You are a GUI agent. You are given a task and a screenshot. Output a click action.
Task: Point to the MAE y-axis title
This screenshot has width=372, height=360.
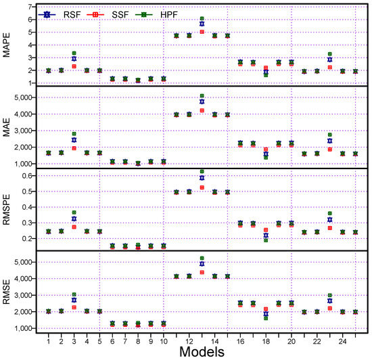coord(7,127)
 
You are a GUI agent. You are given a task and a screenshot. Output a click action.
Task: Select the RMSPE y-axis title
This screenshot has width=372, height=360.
coord(7,209)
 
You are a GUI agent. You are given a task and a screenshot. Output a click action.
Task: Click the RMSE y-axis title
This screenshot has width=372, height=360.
coord(7,292)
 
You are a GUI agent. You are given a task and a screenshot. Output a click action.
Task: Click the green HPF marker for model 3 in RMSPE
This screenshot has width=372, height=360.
coord(73,212)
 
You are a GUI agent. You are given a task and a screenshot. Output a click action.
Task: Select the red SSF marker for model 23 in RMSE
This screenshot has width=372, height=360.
coord(329,308)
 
